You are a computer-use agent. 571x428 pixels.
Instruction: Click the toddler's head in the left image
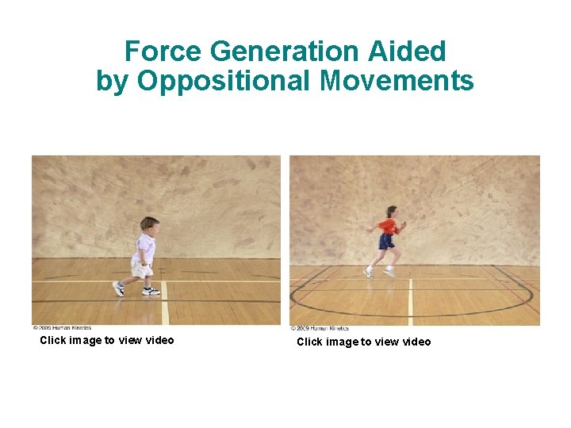click(x=148, y=225)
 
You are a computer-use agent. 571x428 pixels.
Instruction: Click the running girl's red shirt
click(x=387, y=227)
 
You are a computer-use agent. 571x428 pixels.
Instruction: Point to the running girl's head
click(x=391, y=212)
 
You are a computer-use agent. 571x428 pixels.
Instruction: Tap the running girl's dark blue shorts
click(x=386, y=241)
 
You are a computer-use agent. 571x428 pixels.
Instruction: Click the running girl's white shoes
click(x=369, y=273)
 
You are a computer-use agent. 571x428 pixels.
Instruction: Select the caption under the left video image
click(x=107, y=341)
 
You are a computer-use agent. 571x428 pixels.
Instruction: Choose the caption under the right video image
click(x=364, y=342)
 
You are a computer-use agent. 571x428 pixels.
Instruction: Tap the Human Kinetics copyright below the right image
click(x=320, y=328)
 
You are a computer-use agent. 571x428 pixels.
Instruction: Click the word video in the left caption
click(x=158, y=341)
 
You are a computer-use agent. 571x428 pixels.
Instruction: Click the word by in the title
click(x=111, y=81)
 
